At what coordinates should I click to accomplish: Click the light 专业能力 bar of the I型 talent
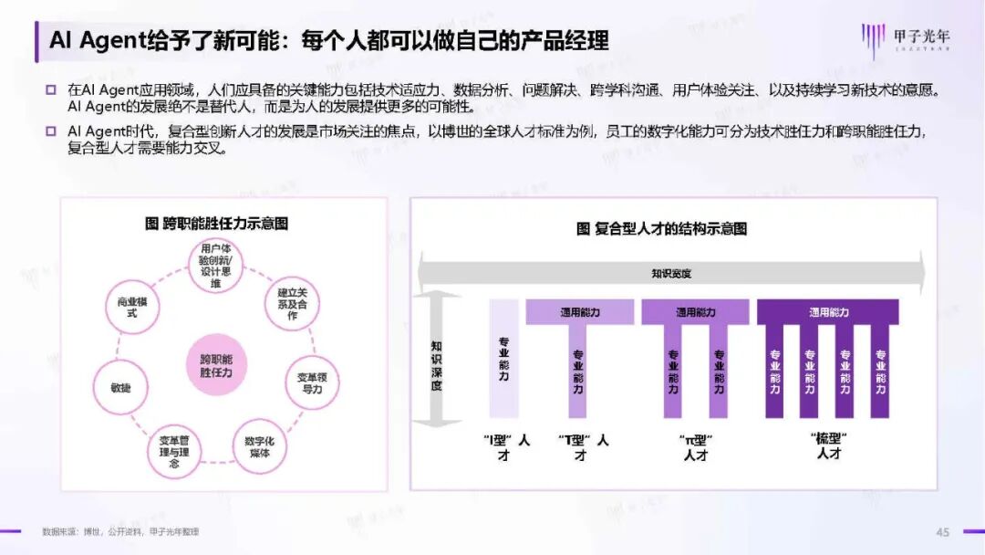click(x=503, y=359)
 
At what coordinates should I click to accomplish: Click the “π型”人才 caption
click(x=696, y=447)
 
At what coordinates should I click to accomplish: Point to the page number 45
click(x=943, y=532)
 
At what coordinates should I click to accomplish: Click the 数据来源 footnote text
click(x=120, y=531)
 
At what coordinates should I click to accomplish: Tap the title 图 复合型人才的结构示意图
click(x=661, y=228)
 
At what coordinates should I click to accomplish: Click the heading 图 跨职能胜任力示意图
click(x=216, y=224)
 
